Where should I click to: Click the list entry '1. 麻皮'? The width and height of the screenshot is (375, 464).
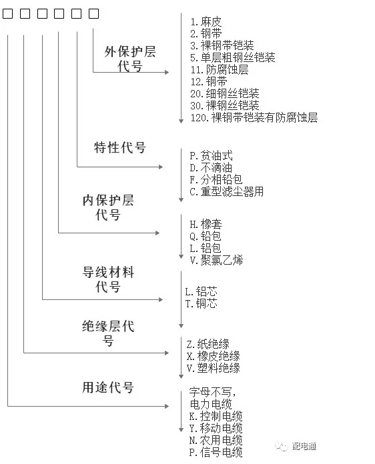click(x=206, y=21)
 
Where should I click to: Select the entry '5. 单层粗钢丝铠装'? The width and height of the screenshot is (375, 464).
click(x=232, y=57)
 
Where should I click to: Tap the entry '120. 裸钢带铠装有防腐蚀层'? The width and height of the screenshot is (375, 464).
click(x=254, y=118)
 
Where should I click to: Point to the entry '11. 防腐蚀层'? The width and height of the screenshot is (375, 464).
click(x=219, y=69)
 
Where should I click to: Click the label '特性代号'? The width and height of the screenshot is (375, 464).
click(x=119, y=147)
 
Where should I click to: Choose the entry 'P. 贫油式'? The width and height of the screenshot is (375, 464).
click(x=211, y=155)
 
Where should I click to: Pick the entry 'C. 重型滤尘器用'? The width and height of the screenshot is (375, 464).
click(x=226, y=192)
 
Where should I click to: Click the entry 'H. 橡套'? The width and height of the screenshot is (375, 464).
click(x=206, y=224)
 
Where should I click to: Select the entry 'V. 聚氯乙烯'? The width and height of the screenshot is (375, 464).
click(x=216, y=260)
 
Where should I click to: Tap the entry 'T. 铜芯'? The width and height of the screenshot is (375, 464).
click(x=201, y=303)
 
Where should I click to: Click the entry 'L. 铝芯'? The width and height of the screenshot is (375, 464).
click(x=201, y=291)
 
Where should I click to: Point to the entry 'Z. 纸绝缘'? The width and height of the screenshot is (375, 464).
click(x=208, y=344)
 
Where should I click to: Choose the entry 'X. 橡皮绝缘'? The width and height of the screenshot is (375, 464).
click(x=213, y=356)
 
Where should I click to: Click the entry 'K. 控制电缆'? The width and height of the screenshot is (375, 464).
click(x=216, y=417)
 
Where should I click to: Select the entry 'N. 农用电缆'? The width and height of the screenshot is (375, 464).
click(x=216, y=440)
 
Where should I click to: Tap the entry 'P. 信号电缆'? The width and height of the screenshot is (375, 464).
click(x=216, y=453)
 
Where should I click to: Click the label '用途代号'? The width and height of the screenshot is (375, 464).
click(x=108, y=387)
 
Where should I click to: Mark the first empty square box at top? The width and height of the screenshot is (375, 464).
click(x=8, y=13)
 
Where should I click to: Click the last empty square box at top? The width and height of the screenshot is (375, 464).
click(x=93, y=13)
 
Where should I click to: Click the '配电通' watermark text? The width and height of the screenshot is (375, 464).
click(x=304, y=446)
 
